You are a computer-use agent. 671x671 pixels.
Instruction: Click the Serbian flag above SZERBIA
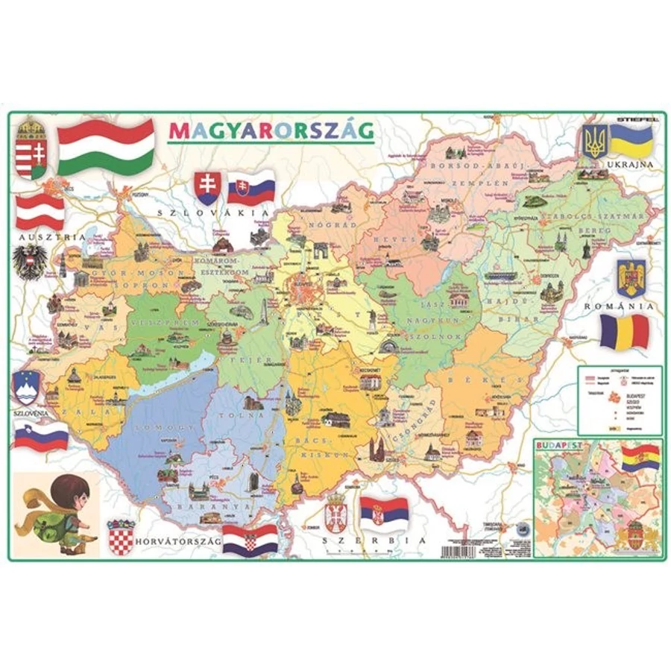(385, 511)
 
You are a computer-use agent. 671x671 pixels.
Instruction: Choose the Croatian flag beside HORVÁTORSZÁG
(251, 540)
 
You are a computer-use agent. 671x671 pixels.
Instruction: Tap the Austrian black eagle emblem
(31, 262)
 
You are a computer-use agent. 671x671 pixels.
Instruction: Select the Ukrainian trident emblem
(594, 140)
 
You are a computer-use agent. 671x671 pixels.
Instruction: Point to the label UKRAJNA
(630, 164)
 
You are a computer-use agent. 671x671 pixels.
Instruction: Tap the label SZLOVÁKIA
(212, 212)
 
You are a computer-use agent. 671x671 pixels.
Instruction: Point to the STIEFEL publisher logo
(634, 118)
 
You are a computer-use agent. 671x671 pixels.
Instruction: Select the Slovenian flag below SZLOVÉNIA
(41, 437)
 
